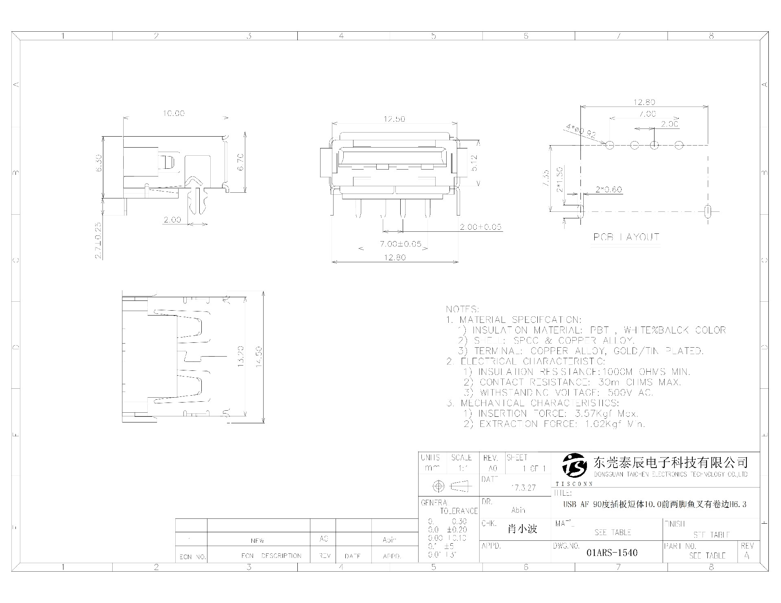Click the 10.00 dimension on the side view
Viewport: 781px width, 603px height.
pyautogui.click(x=174, y=113)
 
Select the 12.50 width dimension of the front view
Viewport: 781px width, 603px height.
pyautogui.click(x=394, y=119)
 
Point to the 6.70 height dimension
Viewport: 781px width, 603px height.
pyautogui.click(x=240, y=162)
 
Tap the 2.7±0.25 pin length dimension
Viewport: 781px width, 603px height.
pyautogui.click(x=98, y=240)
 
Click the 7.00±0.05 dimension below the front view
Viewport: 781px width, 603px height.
pyautogui.click(x=400, y=244)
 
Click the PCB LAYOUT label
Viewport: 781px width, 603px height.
pyautogui.click(x=626, y=237)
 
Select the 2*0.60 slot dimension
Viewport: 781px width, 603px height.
pyautogui.click(x=609, y=189)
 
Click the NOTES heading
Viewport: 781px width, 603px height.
pyautogui.click(x=462, y=309)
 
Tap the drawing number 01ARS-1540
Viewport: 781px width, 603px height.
pyautogui.click(x=612, y=553)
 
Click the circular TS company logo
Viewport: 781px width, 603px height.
pyautogui.click(x=574, y=466)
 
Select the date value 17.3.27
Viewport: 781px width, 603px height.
pyautogui.click(x=524, y=488)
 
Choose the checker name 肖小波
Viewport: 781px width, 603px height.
pyautogui.click(x=522, y=529)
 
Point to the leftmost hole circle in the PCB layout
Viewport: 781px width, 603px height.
pyautogui.click(x=609, y=145)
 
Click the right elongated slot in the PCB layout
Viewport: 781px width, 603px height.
pyautogui.click(x=708, y=211)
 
